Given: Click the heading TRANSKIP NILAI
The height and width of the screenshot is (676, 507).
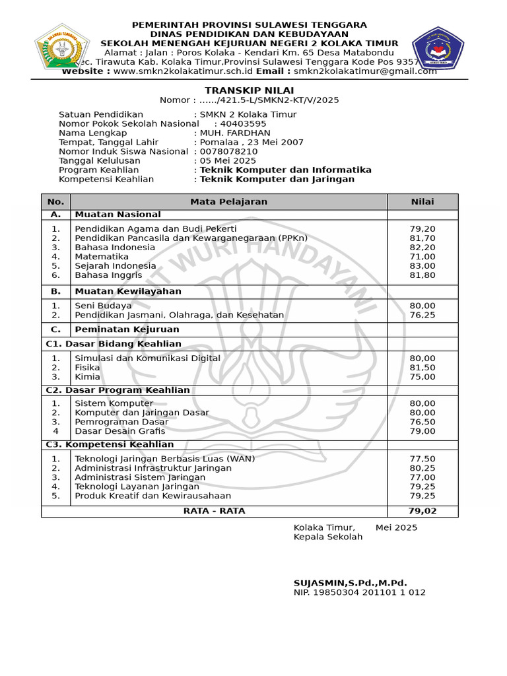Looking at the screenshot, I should coord(250,90).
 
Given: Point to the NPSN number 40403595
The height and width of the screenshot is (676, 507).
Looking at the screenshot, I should coord(243,123).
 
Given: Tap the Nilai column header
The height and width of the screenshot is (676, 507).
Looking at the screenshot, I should coord(422,202).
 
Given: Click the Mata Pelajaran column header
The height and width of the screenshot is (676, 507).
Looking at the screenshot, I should coord(229,202).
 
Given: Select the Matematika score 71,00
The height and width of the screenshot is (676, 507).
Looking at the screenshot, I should coord(422,257).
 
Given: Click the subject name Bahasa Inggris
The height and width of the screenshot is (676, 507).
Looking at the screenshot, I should coord(108,275).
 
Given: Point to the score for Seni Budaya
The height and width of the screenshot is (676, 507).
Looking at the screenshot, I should coord(422,306).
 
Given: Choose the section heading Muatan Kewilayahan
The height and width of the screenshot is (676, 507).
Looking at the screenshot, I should coord(128,291).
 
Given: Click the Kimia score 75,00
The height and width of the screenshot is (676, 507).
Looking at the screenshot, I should coord(422,377).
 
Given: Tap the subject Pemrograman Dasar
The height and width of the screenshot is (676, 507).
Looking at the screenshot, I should coord(121,422).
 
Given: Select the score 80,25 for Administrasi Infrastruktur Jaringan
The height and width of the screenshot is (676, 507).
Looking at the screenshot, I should coord(422,468).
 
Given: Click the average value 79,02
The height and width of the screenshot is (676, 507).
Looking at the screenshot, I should coord(422,511).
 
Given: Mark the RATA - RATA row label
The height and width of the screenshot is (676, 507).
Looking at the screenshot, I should coord(214,511).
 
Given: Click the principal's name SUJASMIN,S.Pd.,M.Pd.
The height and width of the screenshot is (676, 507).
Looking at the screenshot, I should coord(350,583).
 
